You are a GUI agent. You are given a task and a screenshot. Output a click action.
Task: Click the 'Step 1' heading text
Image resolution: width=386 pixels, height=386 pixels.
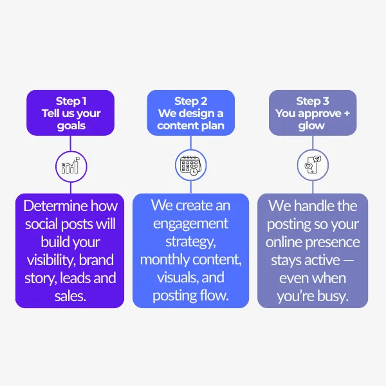coord(71,101)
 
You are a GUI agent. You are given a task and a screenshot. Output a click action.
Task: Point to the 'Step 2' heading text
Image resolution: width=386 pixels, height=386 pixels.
coord(190,101)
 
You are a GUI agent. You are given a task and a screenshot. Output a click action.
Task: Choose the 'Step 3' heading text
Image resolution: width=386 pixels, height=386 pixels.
coord(313,101)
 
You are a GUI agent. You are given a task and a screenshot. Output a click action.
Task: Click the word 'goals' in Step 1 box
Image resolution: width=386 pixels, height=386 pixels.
coord(71,125)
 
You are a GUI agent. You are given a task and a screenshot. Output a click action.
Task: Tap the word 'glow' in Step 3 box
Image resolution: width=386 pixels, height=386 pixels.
coord(312,125)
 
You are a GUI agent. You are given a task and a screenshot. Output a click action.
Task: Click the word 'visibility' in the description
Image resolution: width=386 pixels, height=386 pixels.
coord(50,261)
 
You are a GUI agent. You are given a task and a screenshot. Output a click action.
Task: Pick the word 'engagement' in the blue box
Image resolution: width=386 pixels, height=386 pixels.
coord(190,224)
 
